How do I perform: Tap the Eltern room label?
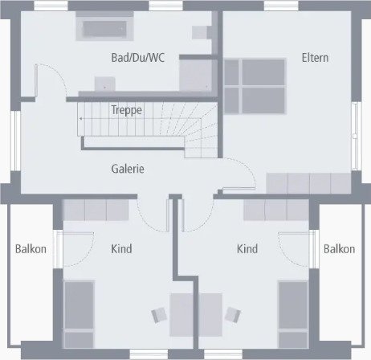coord(315,58)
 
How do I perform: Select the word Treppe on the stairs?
coord(126,110)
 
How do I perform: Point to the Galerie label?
coord(128,169)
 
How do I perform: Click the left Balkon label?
coord(31,249)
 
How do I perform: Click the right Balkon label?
coord(339,249)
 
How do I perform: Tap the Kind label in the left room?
coord(121,249)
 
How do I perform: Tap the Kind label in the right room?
coord(247,249)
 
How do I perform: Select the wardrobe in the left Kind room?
coord(96,211)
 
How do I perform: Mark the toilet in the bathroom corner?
coord(200,32)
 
